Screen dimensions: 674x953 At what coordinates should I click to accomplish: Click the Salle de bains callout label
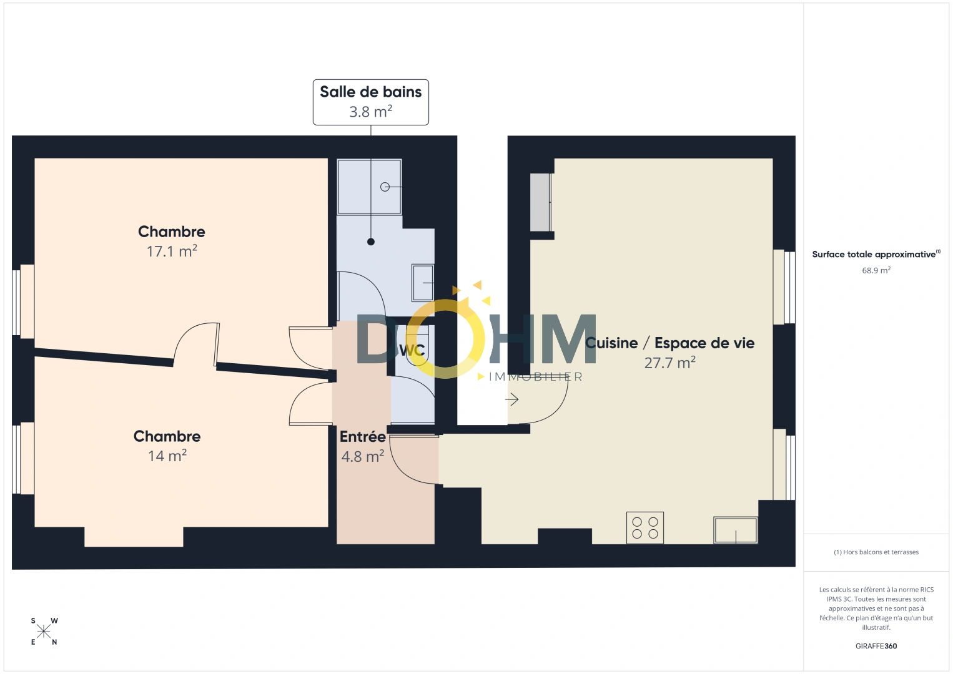[370, 102]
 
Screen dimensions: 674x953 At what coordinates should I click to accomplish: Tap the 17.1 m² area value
[172, 252]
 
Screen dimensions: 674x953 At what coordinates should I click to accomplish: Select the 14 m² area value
[167, 456]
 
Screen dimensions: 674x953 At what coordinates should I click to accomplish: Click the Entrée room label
[362, 437]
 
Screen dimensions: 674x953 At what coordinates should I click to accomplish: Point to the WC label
[412, 351]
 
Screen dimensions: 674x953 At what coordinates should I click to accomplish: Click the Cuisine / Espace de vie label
[669, 343]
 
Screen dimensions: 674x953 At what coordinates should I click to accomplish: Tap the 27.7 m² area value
[669, 363]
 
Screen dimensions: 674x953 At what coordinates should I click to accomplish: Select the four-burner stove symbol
[645, 528]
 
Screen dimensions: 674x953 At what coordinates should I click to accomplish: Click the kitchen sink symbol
[736, 530]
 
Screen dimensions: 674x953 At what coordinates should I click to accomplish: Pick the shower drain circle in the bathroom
[385, 187]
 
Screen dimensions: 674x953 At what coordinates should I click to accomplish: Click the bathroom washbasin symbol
[423, 283]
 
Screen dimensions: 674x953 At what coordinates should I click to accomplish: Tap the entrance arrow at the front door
[512, 399]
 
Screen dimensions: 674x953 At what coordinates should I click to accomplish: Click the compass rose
[44, 632]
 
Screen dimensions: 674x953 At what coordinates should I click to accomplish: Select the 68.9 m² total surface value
[876, 271]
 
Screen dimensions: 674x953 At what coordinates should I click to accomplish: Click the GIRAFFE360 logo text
[876, 646]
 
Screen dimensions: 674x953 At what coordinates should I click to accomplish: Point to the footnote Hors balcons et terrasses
[876, 552]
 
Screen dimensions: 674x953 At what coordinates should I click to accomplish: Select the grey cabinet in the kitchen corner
[540, 202]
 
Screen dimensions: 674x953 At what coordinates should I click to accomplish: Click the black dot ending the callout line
[371, 242]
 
